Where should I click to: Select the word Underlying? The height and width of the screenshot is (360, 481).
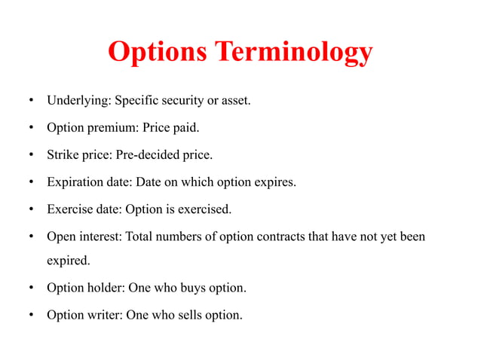tap(78, 100)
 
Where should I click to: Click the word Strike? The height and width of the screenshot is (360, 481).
tap(62, 155)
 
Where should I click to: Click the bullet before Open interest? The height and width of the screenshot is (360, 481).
tap(31, 237)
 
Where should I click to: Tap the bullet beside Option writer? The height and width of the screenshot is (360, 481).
tap(31, 316)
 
